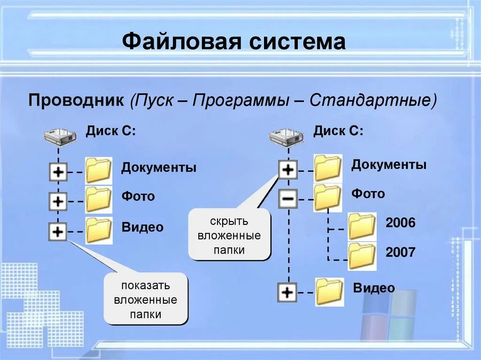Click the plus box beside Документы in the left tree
pos(58,172)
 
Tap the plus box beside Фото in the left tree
pos(58,202)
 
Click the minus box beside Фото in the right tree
pos(287,199)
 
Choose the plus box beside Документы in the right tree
pos(287,169)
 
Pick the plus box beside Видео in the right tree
pos(287,293)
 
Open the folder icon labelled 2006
pos(362,227)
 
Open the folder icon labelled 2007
pos(362,256)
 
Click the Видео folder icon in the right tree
pos(329,292)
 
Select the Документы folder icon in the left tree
pos(99,170)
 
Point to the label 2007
pos(400,253)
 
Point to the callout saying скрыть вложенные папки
pos(229,235)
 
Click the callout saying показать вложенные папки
pos(146,299)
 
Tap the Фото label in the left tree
pos(138,196)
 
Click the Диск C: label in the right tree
pos(338,130)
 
